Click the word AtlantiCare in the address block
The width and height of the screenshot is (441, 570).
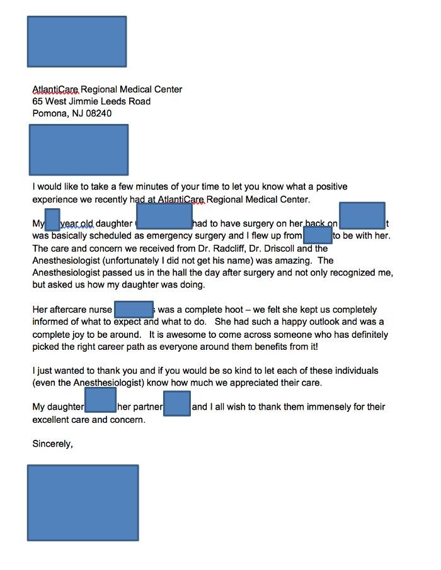(55, 89)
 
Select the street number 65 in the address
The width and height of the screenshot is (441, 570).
(38, 101)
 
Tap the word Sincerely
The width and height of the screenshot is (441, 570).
(52, 444)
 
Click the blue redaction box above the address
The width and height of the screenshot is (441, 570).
(77, 42)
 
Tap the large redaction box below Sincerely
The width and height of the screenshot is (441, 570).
(83, 503)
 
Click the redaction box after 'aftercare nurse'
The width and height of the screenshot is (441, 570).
(134, 310)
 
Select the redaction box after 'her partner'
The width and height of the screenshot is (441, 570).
(177, 403)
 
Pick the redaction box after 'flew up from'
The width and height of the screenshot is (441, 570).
(318, 235)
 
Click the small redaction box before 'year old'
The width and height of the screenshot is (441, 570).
(53, 220)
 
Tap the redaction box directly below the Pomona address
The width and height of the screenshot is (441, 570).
(79, 150)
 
